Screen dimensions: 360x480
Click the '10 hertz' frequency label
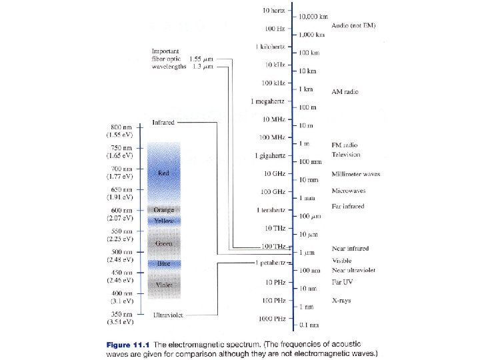(273, 11)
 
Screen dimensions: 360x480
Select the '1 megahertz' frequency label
(268, 101)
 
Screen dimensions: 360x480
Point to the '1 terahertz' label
(271, 210)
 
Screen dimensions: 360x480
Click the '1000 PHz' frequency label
(273, 318)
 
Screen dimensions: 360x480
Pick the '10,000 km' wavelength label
(313, 16)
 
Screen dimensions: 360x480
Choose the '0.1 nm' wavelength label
(307, 325)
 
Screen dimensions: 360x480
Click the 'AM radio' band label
(345, 91)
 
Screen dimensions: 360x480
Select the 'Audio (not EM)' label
(353, 25)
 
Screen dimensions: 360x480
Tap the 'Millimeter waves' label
(356, 174)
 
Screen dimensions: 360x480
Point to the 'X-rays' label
(341, 301)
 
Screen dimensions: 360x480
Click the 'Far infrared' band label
(348, 206)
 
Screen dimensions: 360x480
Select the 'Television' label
(346, 154)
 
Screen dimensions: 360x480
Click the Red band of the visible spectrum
(164, 173)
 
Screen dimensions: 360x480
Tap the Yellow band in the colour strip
(164, 221)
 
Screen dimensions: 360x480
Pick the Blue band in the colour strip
(164, 264)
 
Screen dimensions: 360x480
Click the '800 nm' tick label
(122, 126)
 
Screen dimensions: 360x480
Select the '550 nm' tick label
(122, 230)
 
